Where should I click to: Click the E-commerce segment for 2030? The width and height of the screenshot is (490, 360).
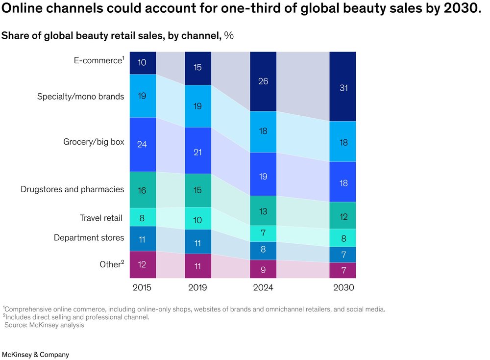(x=343, y=86)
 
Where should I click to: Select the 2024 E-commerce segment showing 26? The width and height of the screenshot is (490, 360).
(x=263, y=81)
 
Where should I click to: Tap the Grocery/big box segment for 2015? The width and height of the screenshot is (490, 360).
(x=143, y=145)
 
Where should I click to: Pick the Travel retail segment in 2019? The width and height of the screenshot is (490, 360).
(x=198, y=218)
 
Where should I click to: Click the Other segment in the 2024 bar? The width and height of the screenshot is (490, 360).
(x=263, y=269)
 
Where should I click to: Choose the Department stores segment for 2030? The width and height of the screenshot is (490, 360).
(x=343, y=255)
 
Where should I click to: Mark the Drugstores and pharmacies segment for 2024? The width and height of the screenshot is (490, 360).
(x=263, y=210)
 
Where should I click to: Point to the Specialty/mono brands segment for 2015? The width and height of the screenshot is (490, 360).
(x=143, y=96)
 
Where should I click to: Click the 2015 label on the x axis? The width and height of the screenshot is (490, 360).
(x=143, y=287)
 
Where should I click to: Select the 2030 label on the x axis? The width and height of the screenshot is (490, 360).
(x=343, y=287)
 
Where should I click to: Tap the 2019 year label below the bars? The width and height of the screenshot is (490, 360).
(x=198, y=287)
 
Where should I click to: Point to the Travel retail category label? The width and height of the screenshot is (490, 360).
(x=101, y=218)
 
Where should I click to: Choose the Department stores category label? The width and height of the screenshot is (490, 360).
(x=89, y=238)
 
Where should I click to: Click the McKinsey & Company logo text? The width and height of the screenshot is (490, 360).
(x=35, y=355)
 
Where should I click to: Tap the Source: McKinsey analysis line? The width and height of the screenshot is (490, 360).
(x=45, y=325)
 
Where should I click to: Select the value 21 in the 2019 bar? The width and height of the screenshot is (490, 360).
(x=198, y=152)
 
